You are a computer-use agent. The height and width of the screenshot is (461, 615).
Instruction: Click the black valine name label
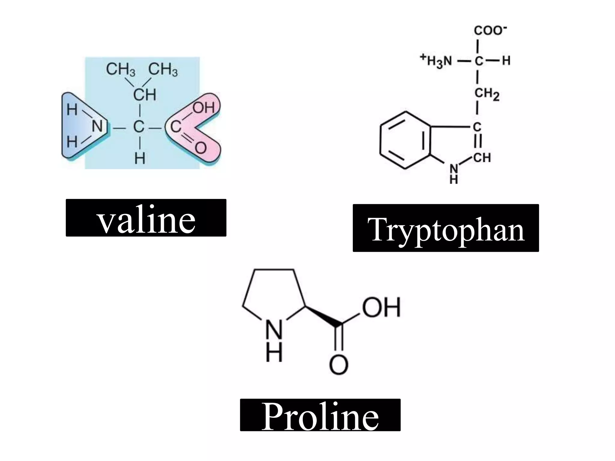click(146, 218)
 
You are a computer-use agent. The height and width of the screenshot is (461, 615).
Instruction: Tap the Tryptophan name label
click(446, 228)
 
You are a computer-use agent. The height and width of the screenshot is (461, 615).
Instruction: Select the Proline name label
click(320, 415)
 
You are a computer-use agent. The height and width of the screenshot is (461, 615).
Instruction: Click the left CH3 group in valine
click(121, 69)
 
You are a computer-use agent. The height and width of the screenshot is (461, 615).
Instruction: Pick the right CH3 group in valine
click(163, 69)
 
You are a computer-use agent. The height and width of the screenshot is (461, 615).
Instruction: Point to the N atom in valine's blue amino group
click(97, 126)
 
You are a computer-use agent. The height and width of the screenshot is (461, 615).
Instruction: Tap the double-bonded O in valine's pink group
click(201, 148)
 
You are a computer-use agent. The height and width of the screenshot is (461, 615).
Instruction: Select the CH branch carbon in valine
click(145, 95)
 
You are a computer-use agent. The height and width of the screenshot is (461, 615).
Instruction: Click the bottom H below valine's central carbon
click(140, 158)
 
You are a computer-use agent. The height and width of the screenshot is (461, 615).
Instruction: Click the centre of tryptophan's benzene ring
click(405, 140)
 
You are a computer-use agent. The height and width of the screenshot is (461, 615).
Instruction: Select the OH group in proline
click(381, 307)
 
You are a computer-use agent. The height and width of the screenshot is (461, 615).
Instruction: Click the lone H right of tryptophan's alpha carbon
click(506, 61)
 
